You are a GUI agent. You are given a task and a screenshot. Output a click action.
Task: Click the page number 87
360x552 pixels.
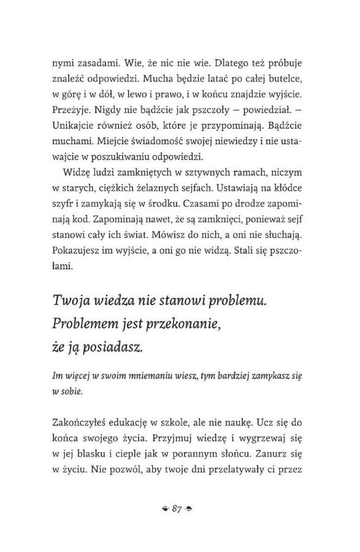pos(178,507)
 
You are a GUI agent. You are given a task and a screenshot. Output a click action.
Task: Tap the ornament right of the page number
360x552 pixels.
pos(191,508)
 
